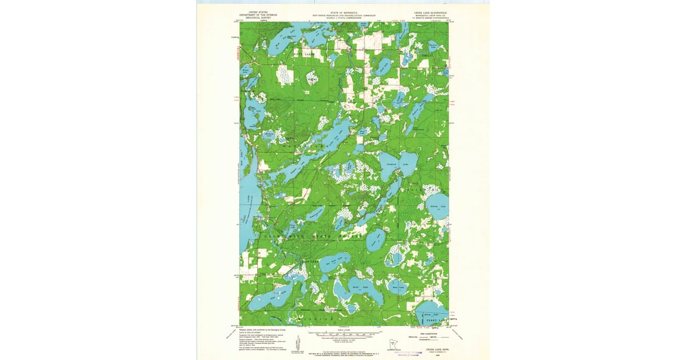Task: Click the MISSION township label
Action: coord(320,318)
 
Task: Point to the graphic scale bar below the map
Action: coord(343,333)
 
